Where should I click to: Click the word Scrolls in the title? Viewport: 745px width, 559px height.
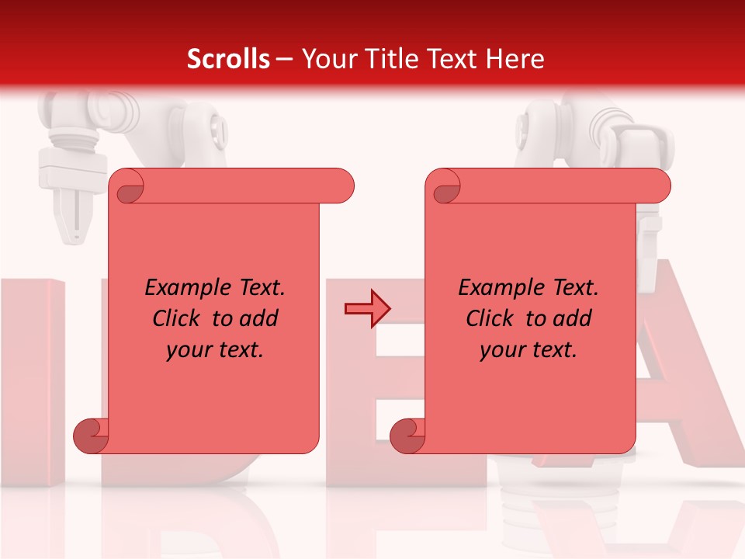tap(228, 59)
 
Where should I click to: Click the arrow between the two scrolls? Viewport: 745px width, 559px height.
tap(367, 309)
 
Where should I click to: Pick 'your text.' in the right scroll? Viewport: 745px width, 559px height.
tap(528, 350)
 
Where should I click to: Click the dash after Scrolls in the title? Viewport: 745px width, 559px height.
tap(285, 59)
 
